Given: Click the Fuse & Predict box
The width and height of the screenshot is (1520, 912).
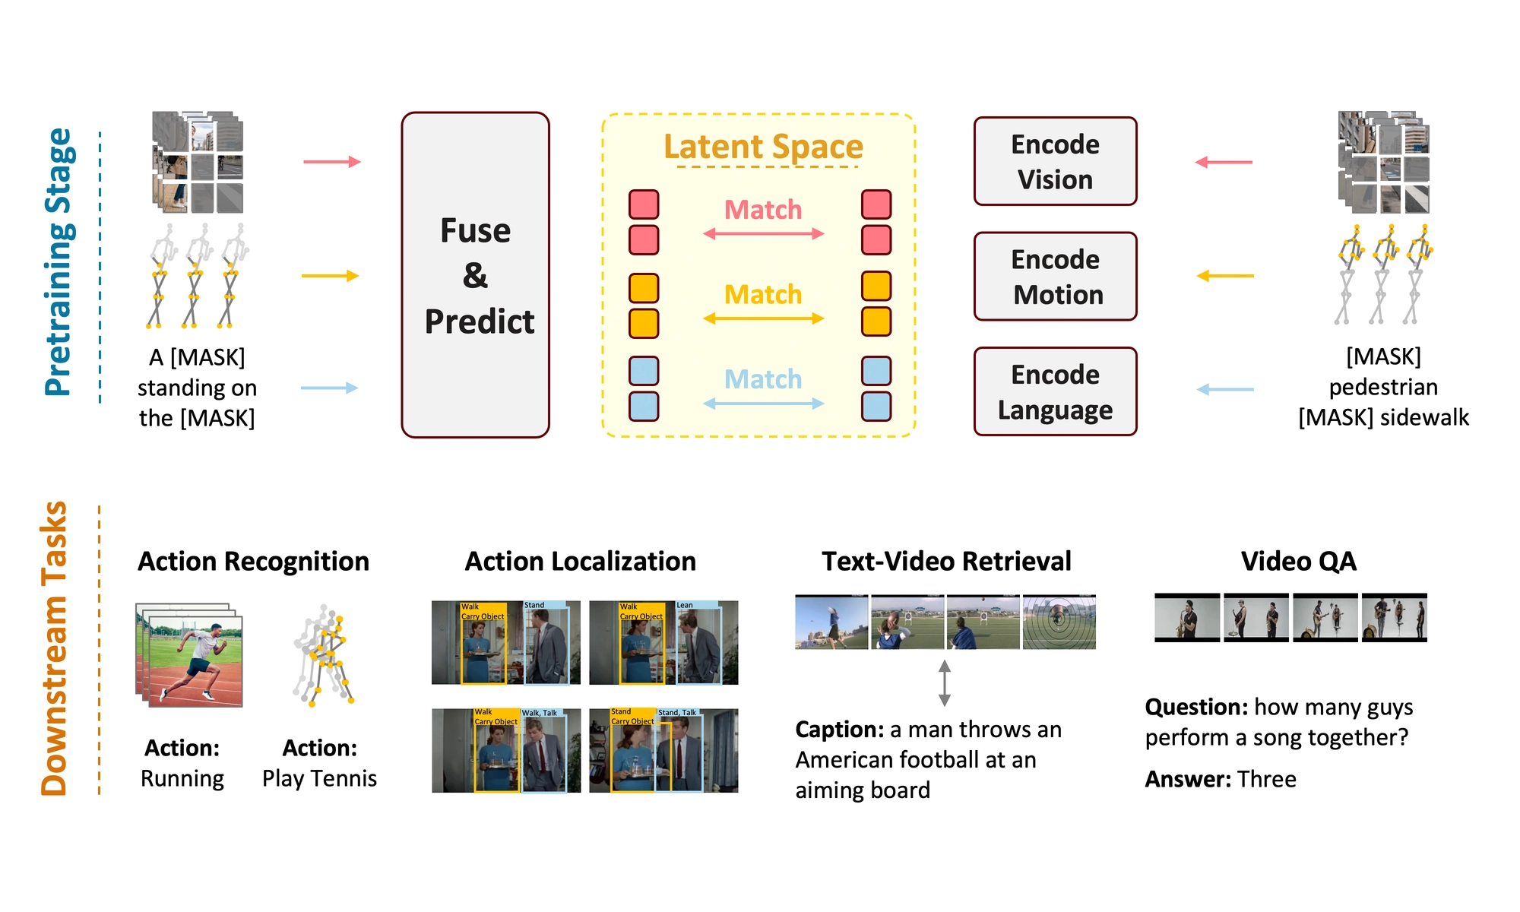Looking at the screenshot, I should pyautogui.click(x=475, y=275).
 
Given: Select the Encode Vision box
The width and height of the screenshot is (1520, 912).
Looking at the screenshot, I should pyautogui.click(x=1055, y=161).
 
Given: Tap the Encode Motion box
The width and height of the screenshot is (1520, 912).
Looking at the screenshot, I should pyautogui.click(x=1055, y=277).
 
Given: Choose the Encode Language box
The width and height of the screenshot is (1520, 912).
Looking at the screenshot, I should pyautogui.click(x=1055, y=391).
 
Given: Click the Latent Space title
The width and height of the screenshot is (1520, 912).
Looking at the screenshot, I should pyautogui.click(x=763, y=146).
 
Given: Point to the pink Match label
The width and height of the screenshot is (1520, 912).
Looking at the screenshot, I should pyautogui.click(x=763, y=209).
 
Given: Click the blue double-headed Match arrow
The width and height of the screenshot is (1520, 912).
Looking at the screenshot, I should pyautogui.click(x=763, y=404).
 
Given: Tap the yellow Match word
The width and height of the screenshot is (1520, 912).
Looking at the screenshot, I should pyautogui.click(x=763, y=294).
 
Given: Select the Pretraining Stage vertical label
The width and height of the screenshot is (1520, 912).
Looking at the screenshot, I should pyautogui.click(x=59, y=262).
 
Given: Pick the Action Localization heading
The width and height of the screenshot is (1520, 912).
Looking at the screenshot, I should pyautogui.click(x=580, y=561).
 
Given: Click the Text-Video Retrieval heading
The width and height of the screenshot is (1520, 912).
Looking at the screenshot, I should pyautogui.click(x=946, y=561).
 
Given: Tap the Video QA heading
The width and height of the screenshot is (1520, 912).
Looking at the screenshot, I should pyautogui.click(x=1298, y=561).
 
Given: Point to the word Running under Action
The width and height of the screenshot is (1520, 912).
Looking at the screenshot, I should pyautogui.click(x=182, y=778).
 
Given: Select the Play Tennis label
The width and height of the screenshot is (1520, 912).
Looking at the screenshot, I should pyautogui.click(x=319, y=778).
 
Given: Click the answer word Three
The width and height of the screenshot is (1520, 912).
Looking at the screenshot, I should pyautogui.click(x=1266, y=779).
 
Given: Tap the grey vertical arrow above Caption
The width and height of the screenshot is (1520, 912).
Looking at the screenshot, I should pyautogui.click(x=944, y=682).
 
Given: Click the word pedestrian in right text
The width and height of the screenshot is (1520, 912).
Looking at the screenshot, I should pyautogui.click(x=1383, y=387).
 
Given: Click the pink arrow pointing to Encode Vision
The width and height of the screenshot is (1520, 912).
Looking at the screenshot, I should pyautogui.click(x=1224, y=162).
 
